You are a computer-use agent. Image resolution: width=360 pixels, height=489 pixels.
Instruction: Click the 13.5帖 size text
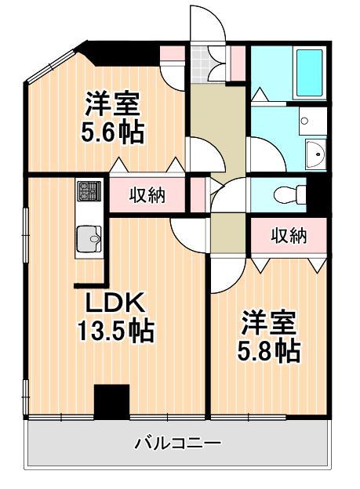(116, 332)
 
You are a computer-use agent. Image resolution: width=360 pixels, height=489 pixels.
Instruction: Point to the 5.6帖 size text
(113, 132)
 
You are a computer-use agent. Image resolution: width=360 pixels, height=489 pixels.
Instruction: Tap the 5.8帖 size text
(269, 350)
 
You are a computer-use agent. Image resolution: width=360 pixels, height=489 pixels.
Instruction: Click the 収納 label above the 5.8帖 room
(288, 235)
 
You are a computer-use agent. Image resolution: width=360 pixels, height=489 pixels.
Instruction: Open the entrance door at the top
(207, 24)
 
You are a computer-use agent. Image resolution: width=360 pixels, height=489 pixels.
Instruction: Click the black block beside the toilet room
(317, 194)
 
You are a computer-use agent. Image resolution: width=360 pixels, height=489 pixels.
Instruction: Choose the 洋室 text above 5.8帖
(268, 322)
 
